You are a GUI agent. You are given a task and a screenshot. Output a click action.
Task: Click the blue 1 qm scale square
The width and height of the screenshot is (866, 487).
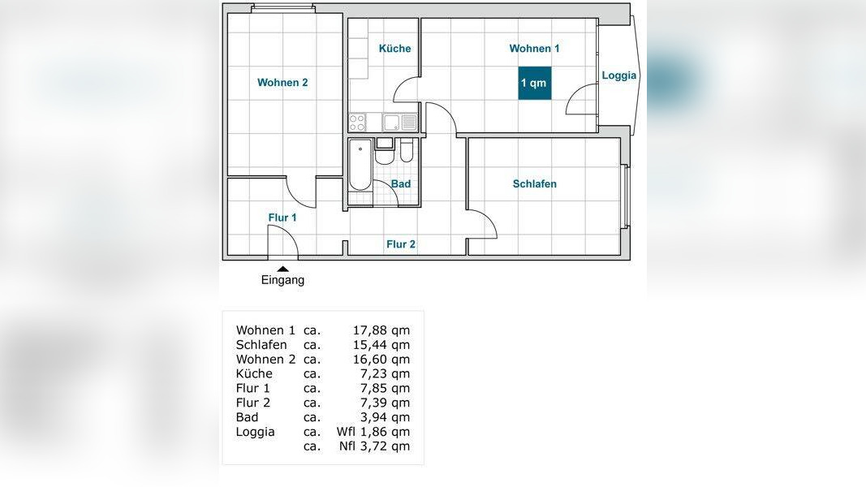pos(535,83)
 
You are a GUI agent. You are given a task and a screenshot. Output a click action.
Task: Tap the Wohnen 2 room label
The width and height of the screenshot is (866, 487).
pos(282,83)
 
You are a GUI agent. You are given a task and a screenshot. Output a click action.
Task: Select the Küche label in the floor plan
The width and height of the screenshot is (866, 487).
pos(395,49)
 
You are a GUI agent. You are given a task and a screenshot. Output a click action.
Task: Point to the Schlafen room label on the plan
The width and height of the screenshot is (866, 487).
pos(535,184)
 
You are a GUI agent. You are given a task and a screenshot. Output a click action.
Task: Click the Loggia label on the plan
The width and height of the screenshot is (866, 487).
pos(619,75)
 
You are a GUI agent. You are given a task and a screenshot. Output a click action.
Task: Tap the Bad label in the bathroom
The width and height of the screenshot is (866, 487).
pos(401,184)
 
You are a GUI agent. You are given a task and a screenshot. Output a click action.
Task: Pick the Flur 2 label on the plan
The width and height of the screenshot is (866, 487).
pos(401,244)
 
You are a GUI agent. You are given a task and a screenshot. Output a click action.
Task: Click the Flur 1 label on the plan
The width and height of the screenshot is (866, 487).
pos(282,218)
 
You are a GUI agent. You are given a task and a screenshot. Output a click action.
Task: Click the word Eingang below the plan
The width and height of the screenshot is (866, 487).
pos(282,280)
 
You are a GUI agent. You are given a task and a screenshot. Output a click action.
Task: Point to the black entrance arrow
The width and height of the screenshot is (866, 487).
pos(282,269)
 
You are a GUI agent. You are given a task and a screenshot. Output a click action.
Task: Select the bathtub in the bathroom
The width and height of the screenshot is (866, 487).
pos(360,165)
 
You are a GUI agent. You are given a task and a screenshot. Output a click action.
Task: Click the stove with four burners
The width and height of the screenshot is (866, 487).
pos(357,122)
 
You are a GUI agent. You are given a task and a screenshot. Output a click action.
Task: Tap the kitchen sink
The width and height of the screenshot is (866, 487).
pos(392,122)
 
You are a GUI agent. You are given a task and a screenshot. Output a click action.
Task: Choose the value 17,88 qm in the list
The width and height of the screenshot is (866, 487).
pos(381,330)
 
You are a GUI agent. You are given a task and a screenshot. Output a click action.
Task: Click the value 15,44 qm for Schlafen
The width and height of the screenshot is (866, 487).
pos(381,344)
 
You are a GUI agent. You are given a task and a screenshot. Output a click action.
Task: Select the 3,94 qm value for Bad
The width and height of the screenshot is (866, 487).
pos(385,417)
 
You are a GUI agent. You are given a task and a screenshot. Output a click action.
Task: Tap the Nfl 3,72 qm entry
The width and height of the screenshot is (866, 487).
pos(374,446)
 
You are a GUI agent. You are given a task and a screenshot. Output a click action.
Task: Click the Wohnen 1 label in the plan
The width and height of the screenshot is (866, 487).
pos(534,49)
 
